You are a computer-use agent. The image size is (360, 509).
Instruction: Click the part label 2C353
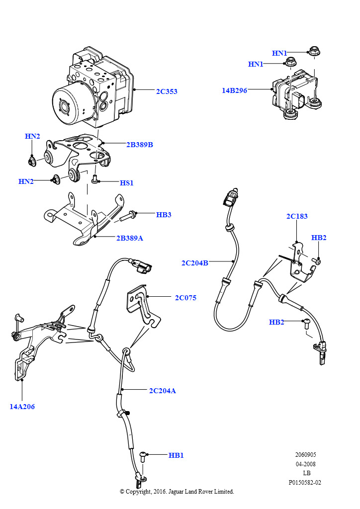pyautogui.click(x=167, y=91)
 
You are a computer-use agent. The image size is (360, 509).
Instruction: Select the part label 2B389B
pyautogui.click(x=139, y=145)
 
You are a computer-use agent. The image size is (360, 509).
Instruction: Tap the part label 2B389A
pyautogui.click(x=130, y=238)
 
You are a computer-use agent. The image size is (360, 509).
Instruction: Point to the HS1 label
pyautogui.click(x=127, y=183)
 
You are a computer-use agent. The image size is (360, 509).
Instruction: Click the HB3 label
pyautogui.click(x=164, y=215)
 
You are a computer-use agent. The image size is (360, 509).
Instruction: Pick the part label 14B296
pyautogui.click(x=235, y=90)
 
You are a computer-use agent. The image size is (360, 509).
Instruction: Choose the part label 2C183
pyautogui.click(x=297, y=216)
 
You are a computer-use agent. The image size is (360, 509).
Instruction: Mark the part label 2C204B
pyautogui.click(x=195, y=263)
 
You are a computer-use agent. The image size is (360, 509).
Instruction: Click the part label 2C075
pyautogui.click(x=185, y=298)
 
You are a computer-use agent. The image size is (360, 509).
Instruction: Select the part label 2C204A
pyautogui.click(x=163, y=391)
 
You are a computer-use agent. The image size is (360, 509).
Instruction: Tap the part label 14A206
pyautogui.click(x=22, y=406)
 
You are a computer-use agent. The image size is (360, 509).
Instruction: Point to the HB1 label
pyautogui.click(x=176, y=455)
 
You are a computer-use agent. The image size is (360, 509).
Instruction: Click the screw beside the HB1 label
pyautogui.click(x=143, y=455)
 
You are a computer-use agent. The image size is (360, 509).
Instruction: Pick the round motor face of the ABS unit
pyautogui.click(x=65, y=105)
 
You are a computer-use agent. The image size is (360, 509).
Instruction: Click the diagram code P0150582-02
pyautogui.click(x=305, y=482)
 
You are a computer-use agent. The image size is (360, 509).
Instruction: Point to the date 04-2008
pyautogui.click(x=306, y=464)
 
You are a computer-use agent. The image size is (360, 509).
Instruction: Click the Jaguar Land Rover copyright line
pyautogui.click(x=177, y=492)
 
